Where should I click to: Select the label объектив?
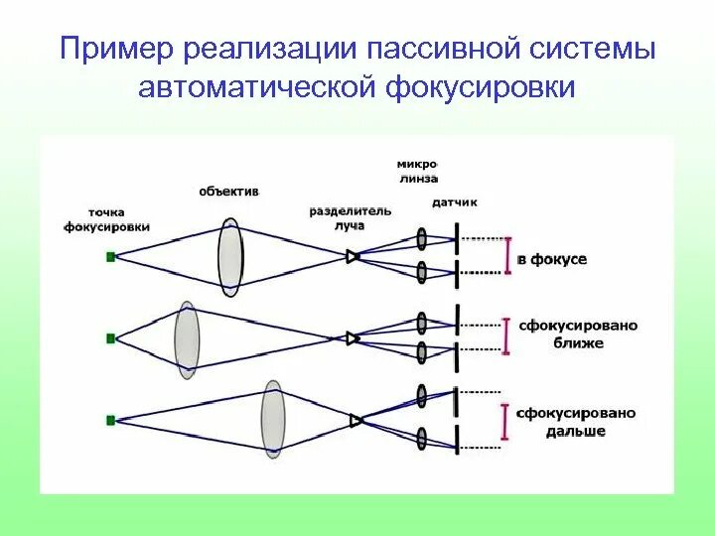pos(228,191)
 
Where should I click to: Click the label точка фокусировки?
pos(106,219)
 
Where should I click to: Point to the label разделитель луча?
pos(350,217)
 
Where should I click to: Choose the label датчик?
pos(455,201)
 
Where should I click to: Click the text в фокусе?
pos(552,259)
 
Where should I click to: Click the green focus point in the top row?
pos(110,256)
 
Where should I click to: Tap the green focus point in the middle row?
pos(110,338)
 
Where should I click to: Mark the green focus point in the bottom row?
pos(110,421)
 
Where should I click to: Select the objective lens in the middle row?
pos(186,337)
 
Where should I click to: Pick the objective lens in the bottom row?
pos(273,420)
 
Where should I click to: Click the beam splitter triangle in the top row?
pos(353,256)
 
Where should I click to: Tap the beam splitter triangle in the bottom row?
pos(356,421)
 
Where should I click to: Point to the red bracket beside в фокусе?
pos(507,255)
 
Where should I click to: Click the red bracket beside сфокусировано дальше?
pos(507,421)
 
